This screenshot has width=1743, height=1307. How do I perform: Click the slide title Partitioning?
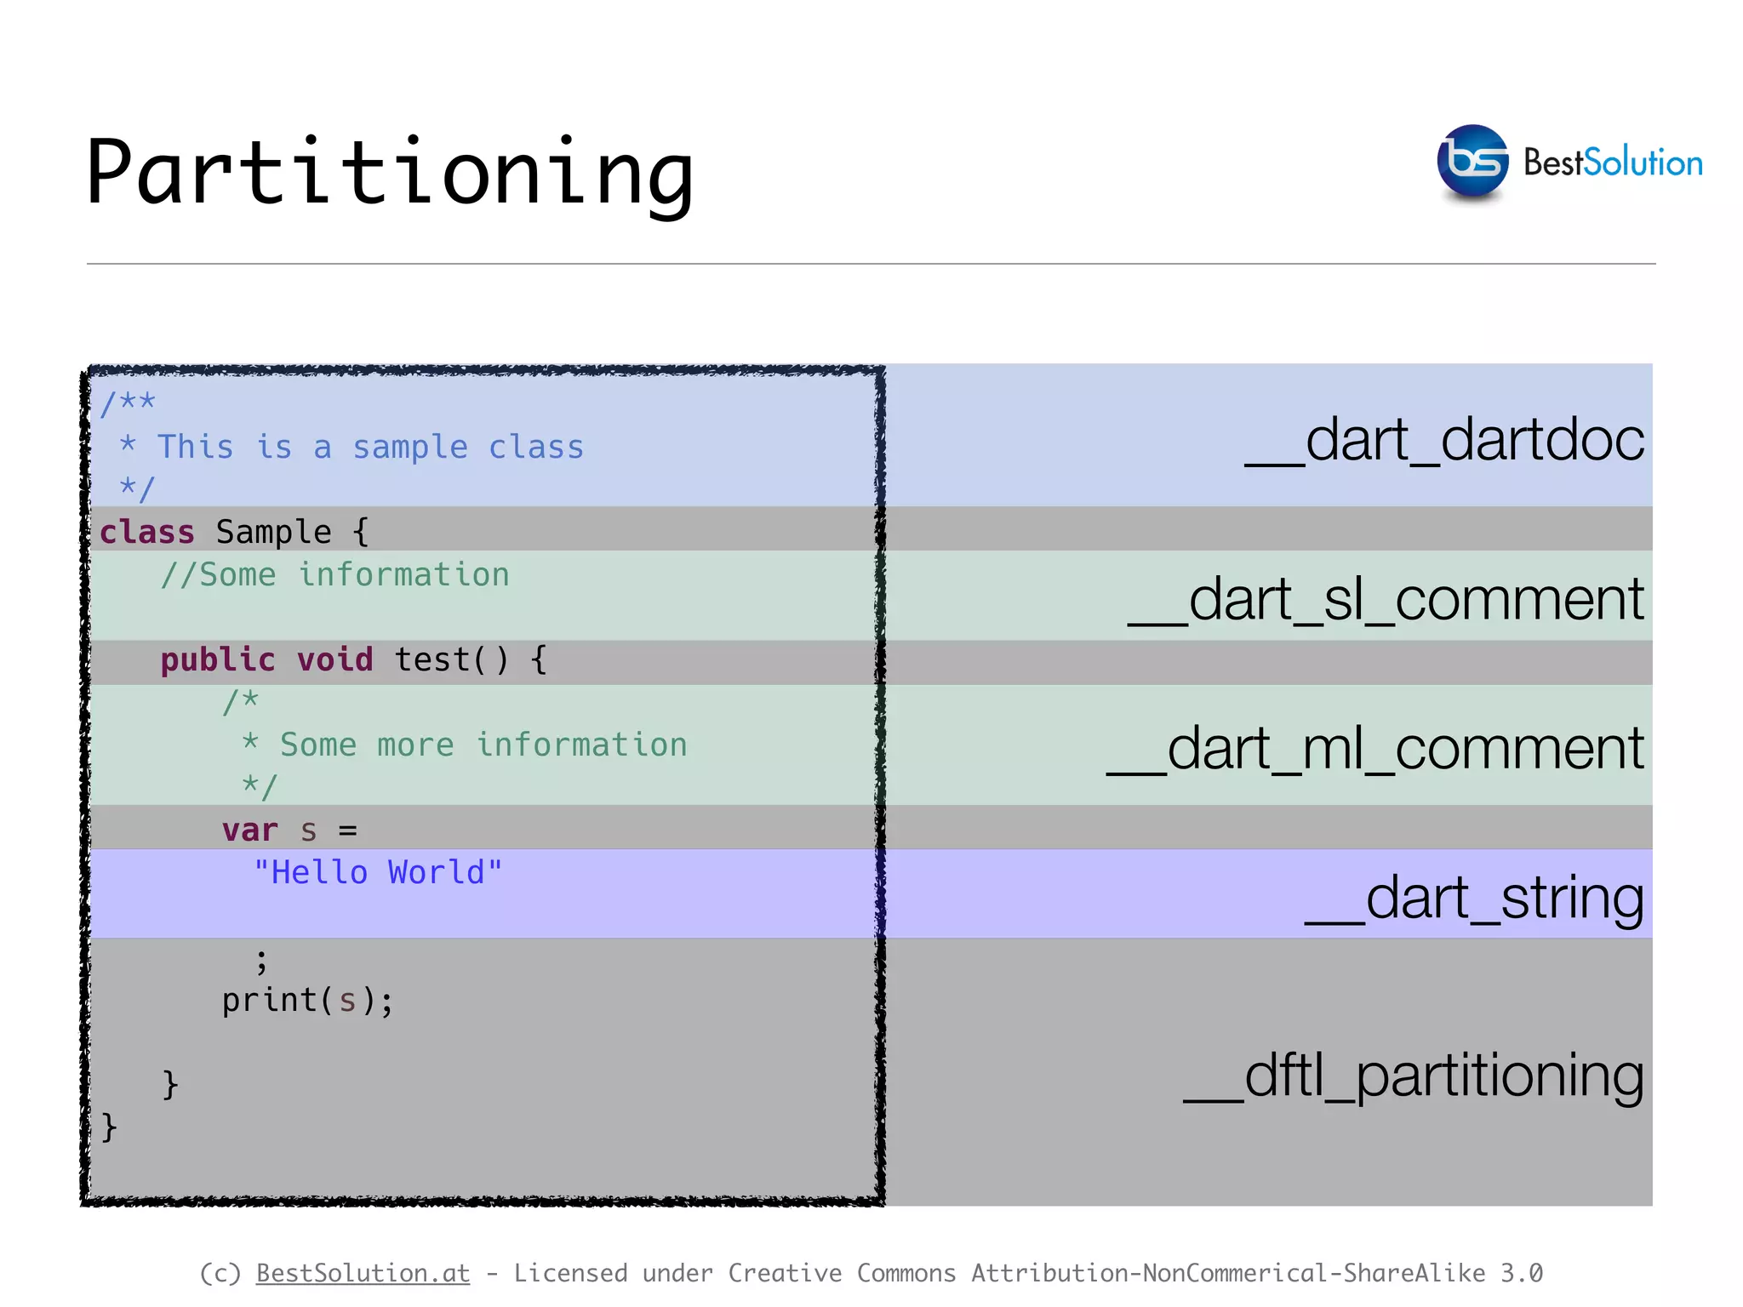pos(390,173)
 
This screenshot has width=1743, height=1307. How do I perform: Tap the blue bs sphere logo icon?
pos(1472,162)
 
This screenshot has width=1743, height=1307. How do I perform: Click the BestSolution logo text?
pos(1613,163)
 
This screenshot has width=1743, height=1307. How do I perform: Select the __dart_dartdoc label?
pos(1444,441)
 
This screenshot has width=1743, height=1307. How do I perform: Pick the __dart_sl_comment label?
pos(1386,600)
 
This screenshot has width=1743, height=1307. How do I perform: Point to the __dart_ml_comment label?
pos(1375,750)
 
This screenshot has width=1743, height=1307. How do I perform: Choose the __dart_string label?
pos(1474,899)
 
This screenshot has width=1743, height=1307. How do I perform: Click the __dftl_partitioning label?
pos(1414,1076)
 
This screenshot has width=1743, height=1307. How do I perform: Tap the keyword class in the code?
pos(147,533)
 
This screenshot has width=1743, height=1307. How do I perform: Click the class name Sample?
pos(273,533)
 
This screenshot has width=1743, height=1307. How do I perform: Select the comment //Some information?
pos(335,575)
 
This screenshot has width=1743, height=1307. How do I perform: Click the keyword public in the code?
pos(218,660)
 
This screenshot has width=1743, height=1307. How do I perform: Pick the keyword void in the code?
pos(334,660)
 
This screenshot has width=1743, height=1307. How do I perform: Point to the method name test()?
pos(451,660)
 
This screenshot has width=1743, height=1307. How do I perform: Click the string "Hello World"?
pos(378,873)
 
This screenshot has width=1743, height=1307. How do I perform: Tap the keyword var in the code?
pos(249,830)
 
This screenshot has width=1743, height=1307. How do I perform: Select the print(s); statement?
pos(307,1001)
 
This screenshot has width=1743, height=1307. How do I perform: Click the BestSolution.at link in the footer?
pos(363,1273)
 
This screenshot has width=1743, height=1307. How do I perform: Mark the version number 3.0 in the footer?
pos(1521,1273)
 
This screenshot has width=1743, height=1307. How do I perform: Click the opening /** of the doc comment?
pos(128,402)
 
